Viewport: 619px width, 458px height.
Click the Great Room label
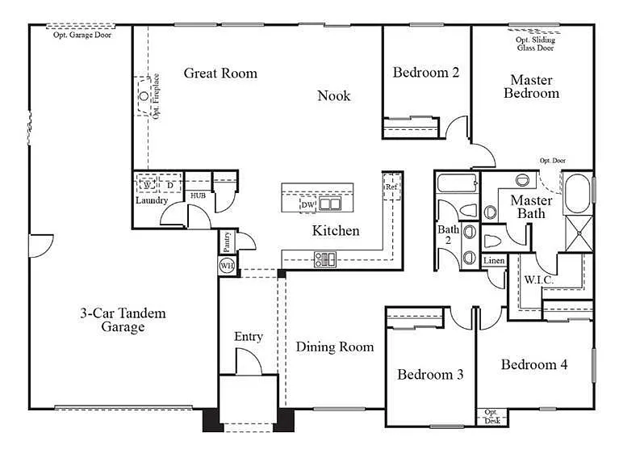point(220,74)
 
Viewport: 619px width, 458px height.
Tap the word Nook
point(333,96)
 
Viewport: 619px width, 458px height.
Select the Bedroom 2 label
point(426,73)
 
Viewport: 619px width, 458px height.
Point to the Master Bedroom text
point(531,86)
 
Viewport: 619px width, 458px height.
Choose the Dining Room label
point(334,347)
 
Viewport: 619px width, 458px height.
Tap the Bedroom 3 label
point(430,375)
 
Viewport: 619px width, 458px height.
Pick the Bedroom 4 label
point(534,365)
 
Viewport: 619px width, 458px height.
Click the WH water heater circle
point(227,265)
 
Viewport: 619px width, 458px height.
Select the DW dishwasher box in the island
point(307,205)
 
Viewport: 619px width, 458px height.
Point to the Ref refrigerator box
point(391,187)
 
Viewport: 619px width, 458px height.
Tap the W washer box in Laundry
point(148,185)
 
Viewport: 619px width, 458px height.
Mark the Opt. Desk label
point(492,418)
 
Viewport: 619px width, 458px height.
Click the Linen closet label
point(494,261)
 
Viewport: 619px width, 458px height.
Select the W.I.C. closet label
point(537,280)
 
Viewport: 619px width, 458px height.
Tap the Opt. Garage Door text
point(82,36)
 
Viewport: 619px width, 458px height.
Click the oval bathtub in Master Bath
point(576,193)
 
